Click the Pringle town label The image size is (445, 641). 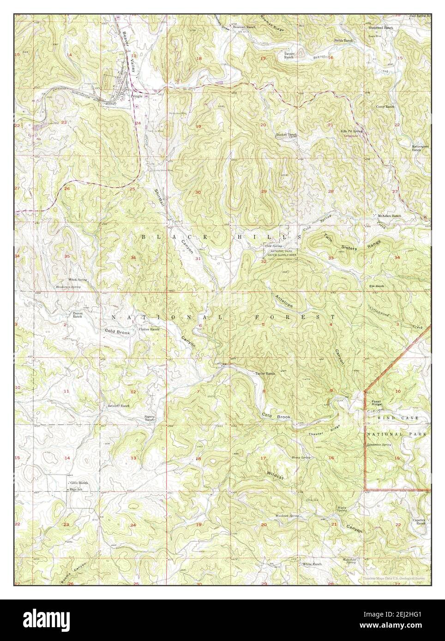[137, 96]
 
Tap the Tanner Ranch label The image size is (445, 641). [289, 55]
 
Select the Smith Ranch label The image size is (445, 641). [344, 41]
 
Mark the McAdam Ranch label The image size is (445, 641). [389, 216]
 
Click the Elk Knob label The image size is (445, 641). [377, 286]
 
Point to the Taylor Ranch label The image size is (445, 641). [265, 374]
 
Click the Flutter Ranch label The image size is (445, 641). [149, 329]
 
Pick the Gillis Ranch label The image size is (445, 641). [79, 483]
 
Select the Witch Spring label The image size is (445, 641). [78, 280]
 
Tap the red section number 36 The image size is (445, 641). [133, 257]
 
